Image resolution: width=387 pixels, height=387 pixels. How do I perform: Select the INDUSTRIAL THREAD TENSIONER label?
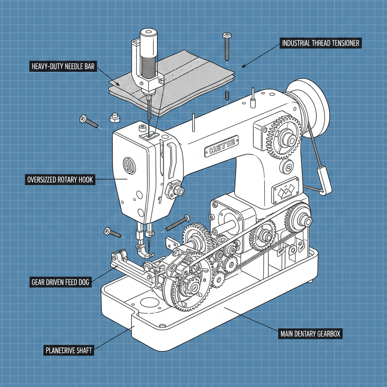tap(320, 43)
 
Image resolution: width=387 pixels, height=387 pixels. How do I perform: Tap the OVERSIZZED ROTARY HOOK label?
tap(60, 180)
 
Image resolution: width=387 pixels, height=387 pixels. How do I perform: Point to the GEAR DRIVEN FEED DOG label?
tap(60, 282)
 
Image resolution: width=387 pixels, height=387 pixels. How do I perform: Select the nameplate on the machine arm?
tap(221, 146)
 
